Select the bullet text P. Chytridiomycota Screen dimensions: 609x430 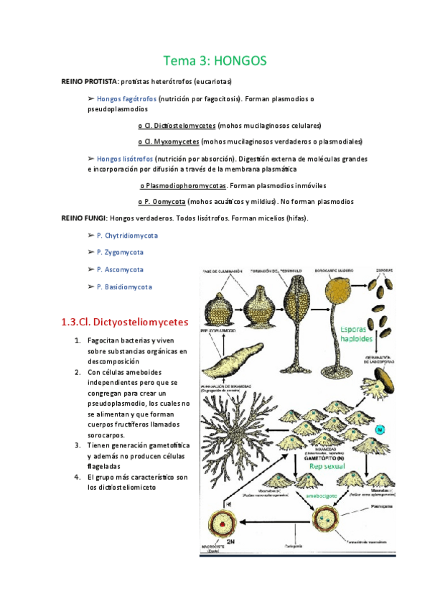point(127,235)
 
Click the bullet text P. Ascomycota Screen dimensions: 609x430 point(120,269)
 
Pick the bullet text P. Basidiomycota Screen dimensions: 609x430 point(124,287)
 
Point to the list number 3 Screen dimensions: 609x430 point(77,445)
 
